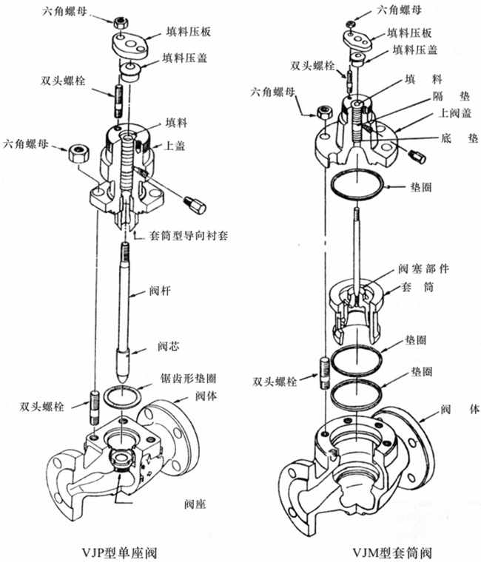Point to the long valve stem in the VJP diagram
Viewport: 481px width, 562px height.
click(127, 296)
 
